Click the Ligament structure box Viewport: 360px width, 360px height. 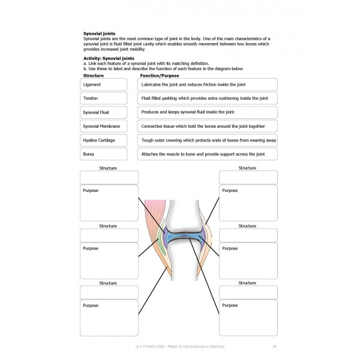[x=103, y=85]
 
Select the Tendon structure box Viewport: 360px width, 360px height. [x=103, y=98]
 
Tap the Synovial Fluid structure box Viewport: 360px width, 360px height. [x=103, y=112]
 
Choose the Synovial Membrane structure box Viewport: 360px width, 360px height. [x=103, y=126]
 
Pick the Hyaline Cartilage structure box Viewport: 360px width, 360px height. [x=103, y=140]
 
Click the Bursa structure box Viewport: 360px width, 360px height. [x=103, y=154]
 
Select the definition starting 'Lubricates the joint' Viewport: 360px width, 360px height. [x=208, y=85]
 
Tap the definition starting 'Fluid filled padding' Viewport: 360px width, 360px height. [x=208, y=98]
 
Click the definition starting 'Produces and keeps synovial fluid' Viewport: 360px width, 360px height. [x=208, y=112]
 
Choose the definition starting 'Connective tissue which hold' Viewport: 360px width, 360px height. [x=208, y=126]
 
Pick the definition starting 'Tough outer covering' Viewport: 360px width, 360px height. [x=208, y=140]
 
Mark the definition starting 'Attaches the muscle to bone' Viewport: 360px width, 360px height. [x=208, y=154]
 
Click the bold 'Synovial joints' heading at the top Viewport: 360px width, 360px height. [x=99, y=34]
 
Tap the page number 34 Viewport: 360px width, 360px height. [x=274, y=346]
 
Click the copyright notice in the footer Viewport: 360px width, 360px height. [x=180, y=346]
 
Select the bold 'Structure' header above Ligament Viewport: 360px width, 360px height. [x=94, y=76]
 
